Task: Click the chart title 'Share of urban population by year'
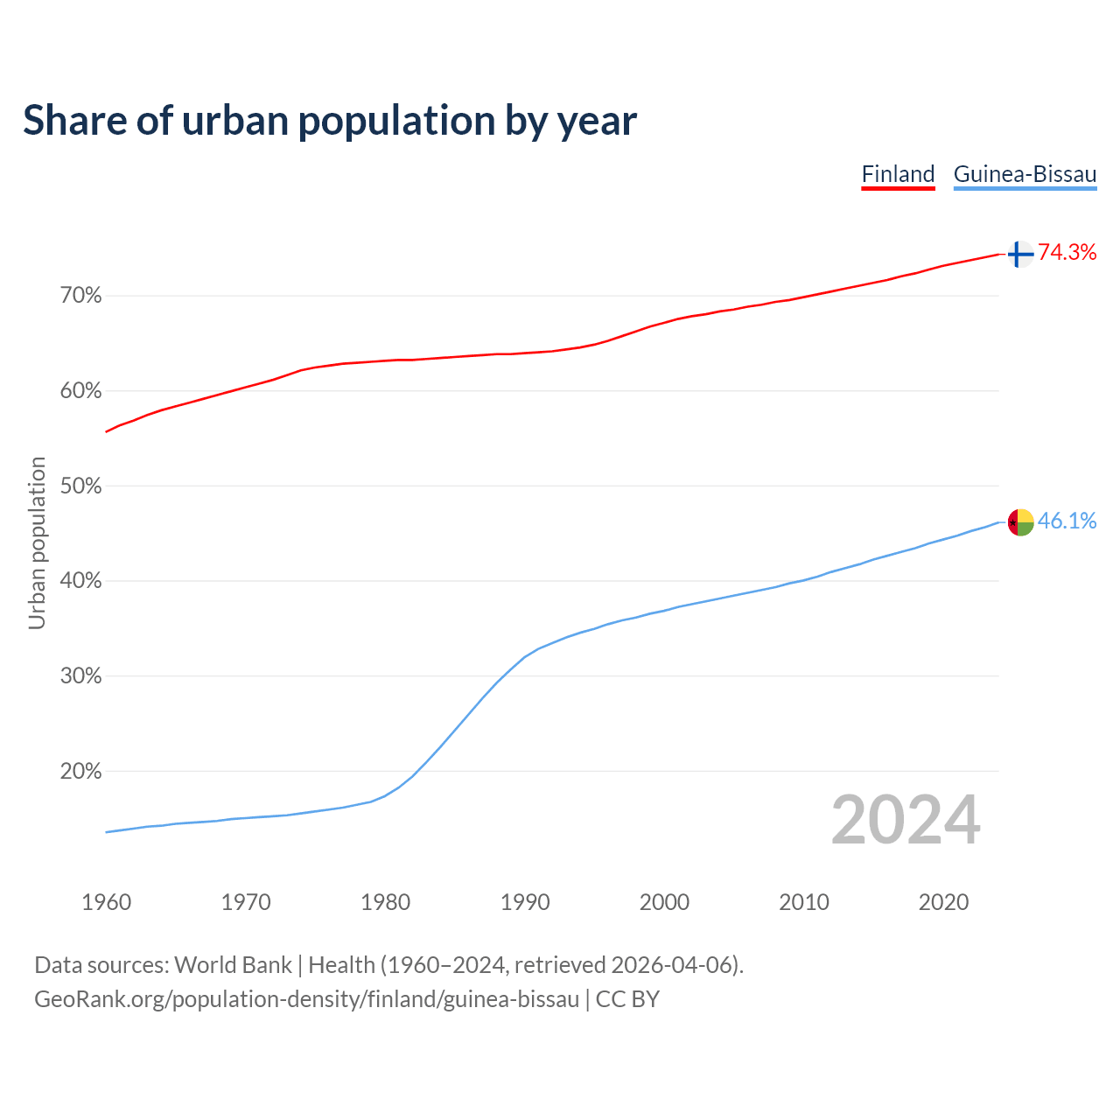pos(330,121)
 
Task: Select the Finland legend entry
pos(898,174)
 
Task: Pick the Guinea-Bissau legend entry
pos(1025,174)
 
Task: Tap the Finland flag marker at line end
pos(1020,254)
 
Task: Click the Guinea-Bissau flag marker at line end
pos(1020,522)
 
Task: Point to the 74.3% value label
pos(1067,253)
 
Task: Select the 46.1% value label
pos(1067,521)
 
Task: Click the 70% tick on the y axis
pos(80,296)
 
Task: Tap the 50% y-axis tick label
pos(80,486)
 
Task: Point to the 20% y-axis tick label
pos(80,772)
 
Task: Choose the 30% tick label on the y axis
pos(80,676)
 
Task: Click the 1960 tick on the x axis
pos(106,902)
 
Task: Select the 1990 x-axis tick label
pos(525,902)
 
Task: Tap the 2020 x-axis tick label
pos(943,902)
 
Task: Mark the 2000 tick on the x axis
pos(664,902)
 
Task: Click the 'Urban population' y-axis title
pos(37,542)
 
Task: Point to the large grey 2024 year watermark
pos(906,820)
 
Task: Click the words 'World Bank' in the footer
pos(233,965)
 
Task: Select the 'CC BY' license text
pos(627,999)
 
